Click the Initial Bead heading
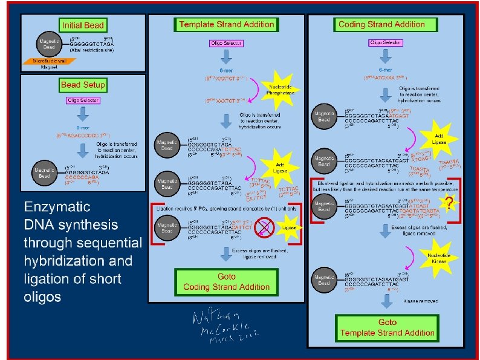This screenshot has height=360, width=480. [82, 25]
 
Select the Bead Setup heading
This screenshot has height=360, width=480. [83, 85]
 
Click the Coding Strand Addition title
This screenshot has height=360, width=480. [381, 25]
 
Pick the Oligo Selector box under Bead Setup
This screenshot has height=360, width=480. [83, 100]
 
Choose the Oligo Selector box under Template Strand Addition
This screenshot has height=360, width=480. [226, 44]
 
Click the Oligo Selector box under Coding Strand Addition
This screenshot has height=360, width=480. [385, 43]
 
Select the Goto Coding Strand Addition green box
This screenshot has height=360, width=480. [226, 282]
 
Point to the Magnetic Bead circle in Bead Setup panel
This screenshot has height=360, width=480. [45, 172]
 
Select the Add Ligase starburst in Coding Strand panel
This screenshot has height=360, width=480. [438, 136]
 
